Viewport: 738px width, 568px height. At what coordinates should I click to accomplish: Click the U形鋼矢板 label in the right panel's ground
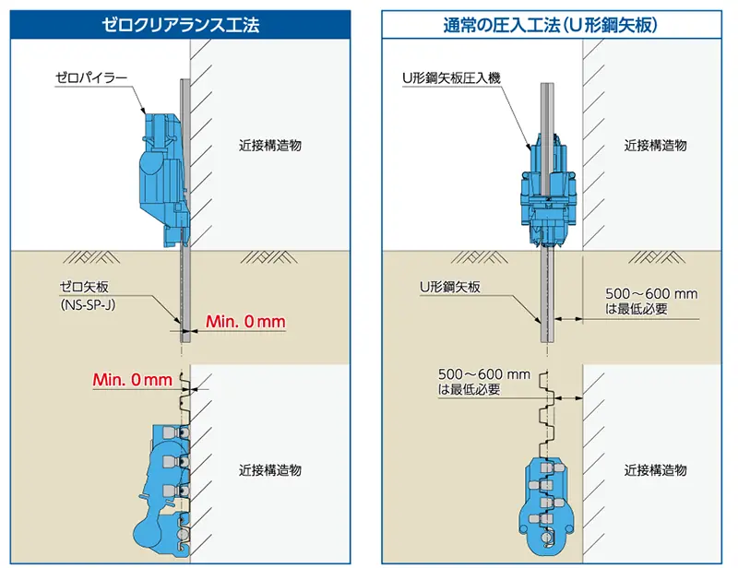click(x=449, y=288)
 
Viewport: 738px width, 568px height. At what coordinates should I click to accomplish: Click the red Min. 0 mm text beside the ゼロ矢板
click(x=245, y=322)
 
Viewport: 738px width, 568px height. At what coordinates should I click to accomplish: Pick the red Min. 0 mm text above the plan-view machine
click(x=133, y=379)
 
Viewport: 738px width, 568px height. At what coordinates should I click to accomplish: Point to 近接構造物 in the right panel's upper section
click(x=655, y=146)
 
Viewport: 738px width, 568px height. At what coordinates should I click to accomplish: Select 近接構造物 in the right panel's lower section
click(x=655, y=469)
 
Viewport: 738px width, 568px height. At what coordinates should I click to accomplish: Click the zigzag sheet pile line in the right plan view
click(x=546, y=406)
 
